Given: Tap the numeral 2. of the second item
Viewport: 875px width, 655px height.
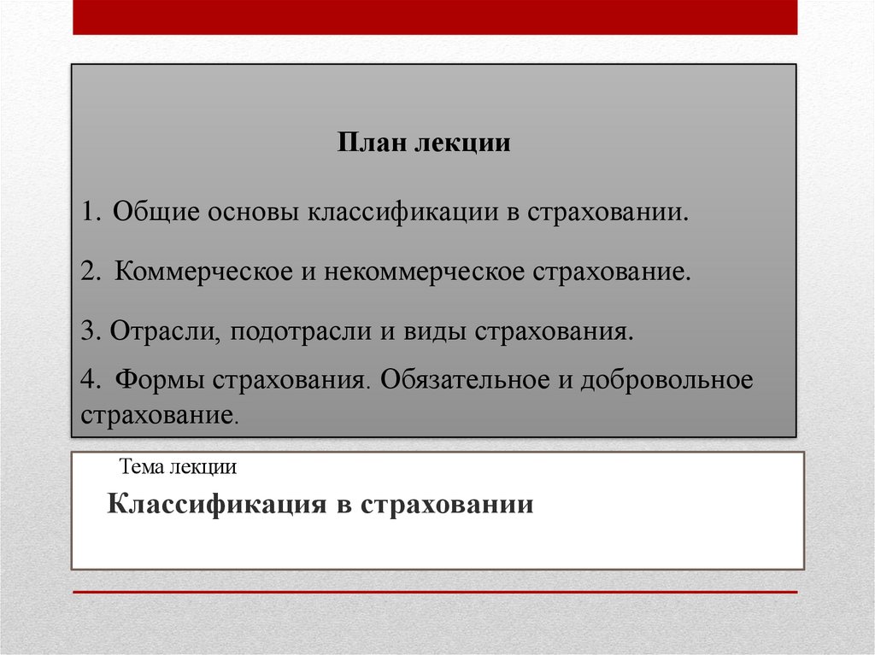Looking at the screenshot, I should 91,272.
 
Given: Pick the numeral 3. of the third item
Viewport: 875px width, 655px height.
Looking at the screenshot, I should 91,331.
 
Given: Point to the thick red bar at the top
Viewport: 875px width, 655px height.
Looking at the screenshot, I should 435,17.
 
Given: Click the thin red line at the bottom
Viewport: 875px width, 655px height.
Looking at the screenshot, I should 435,592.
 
